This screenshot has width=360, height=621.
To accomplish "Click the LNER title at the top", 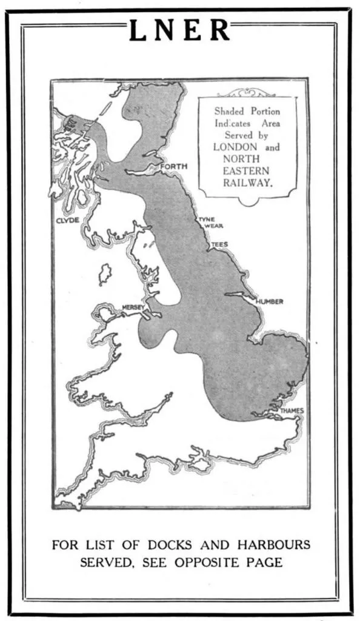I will [x=180, y=30].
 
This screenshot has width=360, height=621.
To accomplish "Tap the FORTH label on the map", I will [x=174, y=166].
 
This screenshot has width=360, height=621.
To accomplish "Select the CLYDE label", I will [x=68, y=221].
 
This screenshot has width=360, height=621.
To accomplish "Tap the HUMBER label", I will [x=269, y=301].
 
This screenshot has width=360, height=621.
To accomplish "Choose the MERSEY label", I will [x=133, y=307].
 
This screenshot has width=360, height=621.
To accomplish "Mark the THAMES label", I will [x=292, y=411].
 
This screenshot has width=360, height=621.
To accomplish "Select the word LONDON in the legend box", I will [x=235, y=147].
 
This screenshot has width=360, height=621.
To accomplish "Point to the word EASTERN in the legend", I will [x=247, y=170].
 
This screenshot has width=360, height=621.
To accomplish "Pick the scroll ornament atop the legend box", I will [x=248, y=93].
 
